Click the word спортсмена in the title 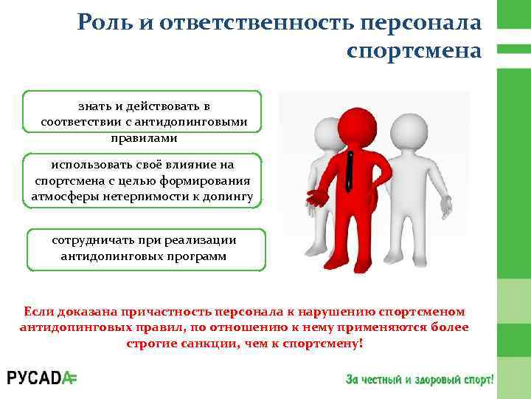point(412,51)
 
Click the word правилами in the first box point(143,137)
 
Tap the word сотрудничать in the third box point(93,241)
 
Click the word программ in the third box point(198,256)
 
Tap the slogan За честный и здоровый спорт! point(420,379)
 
